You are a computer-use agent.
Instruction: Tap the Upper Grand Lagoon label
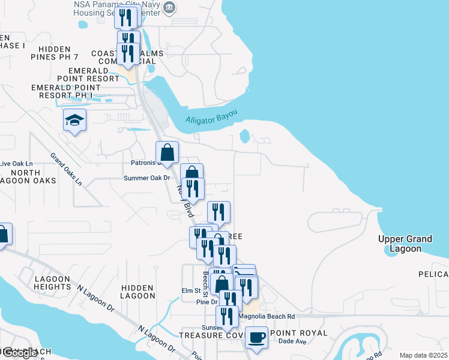pyautogui.click(x=405, y=244)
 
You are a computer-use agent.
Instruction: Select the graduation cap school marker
pyautogui.click(x=75, y=121)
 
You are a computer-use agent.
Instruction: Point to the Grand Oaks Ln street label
pyautogui.click(x=66, y=170)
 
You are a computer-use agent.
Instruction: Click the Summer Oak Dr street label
pyautogui.click(x=147, y=178)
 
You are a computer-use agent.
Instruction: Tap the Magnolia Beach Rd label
pyautogui.click(x=267, y=316)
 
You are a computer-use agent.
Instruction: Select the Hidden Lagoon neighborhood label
pyautogui.click(x=138, y=291)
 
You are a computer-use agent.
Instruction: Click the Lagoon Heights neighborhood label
pyautogui.click(x=53, y=283)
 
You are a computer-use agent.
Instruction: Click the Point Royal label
pyautogui.click(x=299, y=333)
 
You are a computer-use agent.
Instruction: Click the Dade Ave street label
pyautogui.click(x=293, y=341)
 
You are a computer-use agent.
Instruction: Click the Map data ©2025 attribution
pyautogui.click(x=423, y=355)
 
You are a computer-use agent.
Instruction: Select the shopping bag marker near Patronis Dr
pyautogui.click(x=167, y=153)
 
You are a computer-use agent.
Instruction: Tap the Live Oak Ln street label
pyautogui.click(x=16, y=163)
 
